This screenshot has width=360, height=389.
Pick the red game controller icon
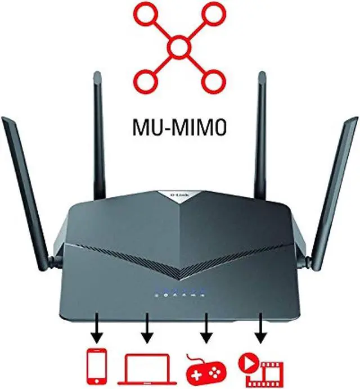205,368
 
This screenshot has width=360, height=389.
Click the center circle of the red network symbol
179,49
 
